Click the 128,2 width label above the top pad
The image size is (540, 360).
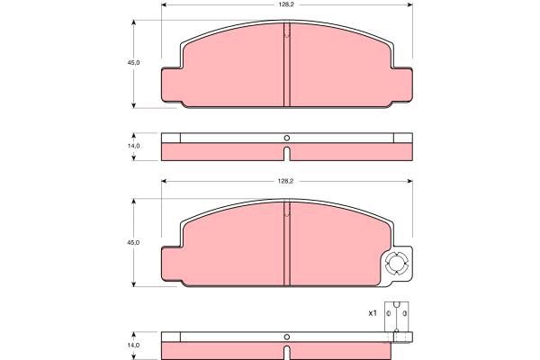click(x=286, y=4)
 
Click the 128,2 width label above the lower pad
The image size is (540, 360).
click(x=285, y=181)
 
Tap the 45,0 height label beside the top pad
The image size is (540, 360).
click(x=133, y=63)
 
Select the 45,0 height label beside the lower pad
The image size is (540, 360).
click(x=133, y=242)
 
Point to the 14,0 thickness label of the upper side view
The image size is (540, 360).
click(x=133, y=146)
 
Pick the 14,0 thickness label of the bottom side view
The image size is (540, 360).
click(x=133, y=346)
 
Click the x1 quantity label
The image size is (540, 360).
click(x=373, y=313)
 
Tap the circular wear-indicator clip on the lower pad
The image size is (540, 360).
click(x=396, y=264)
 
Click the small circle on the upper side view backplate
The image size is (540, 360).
click(x=286, y=138)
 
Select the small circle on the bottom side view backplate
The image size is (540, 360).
click(x=286, y=337)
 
